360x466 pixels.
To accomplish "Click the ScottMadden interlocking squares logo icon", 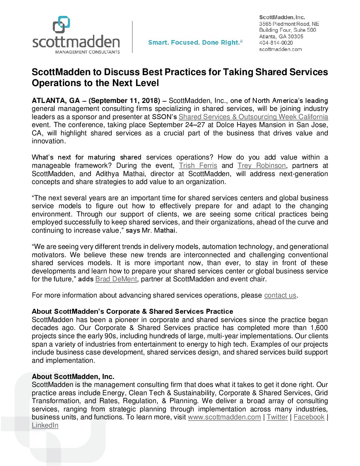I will pyautogui.click(x=62, y=24).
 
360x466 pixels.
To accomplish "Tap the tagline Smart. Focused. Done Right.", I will pyautogui.click(x=195, y=42).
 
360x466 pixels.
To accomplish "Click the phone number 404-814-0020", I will pyautogui.click(x=276, y=43).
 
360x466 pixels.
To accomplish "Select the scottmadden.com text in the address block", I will pyautogui.click(x=280, y=49).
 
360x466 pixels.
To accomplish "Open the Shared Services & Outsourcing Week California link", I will pyautogui.click(x=253, y=117).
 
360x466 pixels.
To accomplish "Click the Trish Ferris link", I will pyautogui.click(x=198, y=165).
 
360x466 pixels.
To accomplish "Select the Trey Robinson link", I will pyautogui.click(x=261, y=165).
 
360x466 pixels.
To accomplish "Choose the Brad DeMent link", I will pyautogui.click(x=116, y=279).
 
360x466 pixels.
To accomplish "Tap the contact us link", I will pyautogui.click(x=280, y=295).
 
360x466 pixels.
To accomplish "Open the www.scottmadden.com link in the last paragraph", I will pyautogui.click(x=224, y=417).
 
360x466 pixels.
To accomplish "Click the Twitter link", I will pyautogui.click(x=277, y=417).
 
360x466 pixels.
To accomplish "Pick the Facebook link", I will pyautogui.click(x=309, y=417).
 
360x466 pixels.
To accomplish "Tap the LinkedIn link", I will pyautogui.click(x=45, y=425).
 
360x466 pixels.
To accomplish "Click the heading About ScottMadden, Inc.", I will pyautogui.click(x=73, y=377).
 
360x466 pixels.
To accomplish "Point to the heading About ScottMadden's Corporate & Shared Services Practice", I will pyautogui.click(x=132, y=311).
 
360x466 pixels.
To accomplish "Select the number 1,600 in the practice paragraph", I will pyautogui.click(x=319, y=328).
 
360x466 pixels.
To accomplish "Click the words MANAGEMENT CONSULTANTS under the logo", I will pyautogui.click(x=87, y=52).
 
